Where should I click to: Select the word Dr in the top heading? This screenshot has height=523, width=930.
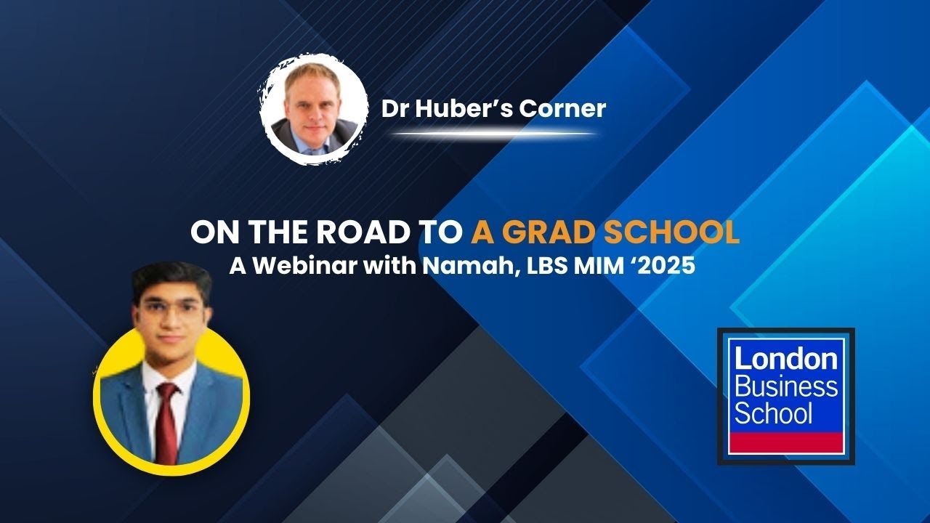(x=395, y=109)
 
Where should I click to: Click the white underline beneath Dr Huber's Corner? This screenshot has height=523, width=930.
(x=494, y=134)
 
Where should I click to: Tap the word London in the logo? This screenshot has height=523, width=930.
(x=785, y=360)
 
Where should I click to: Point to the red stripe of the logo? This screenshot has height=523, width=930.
(x=785, y=442)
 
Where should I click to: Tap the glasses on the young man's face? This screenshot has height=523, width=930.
(x=171, y=308)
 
